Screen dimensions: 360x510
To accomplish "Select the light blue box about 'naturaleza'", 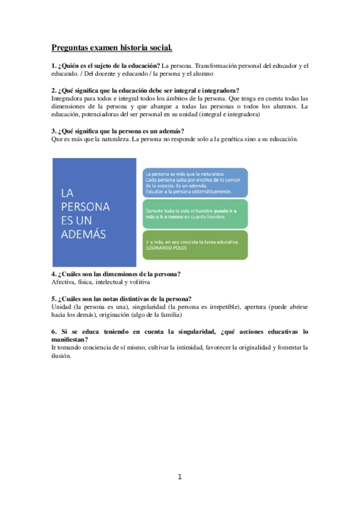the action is coord(194,183).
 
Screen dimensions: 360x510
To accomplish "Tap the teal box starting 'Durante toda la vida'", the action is coord(194,214).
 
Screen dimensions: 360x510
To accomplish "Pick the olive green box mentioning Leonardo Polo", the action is coord(194,245).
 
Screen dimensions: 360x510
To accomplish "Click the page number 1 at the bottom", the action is coord(179,477).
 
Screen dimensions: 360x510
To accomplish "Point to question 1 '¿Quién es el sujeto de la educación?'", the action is coord(106,65).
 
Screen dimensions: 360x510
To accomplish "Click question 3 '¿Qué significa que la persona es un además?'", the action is coord(118,131).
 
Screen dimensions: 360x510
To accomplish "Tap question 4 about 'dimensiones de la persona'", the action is coord(117,274).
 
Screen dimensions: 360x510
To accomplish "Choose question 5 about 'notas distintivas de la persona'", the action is coord(121,299).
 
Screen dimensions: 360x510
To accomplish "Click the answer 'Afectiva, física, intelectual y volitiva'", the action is coord(100,281).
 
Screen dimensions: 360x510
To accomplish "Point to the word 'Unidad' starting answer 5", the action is coord(63,307).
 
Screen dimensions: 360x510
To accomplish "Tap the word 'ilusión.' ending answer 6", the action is coord(61,355).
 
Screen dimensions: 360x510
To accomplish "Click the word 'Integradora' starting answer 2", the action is coord(68,97).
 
